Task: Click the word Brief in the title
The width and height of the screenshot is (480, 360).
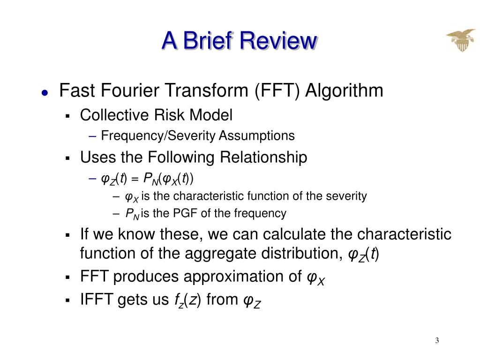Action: click(208, 40)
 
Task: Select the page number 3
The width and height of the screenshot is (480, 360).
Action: click(437, 340)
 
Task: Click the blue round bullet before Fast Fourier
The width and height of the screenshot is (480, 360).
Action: click(45, 93)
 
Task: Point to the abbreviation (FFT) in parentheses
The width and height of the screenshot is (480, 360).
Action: click(277, 90)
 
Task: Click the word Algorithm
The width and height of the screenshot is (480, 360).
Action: click(344, 90)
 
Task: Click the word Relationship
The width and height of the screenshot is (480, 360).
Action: click(263, 157)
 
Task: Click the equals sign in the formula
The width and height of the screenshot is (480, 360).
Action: click(135, 179)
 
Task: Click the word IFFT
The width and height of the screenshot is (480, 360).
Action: click(97, 299)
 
